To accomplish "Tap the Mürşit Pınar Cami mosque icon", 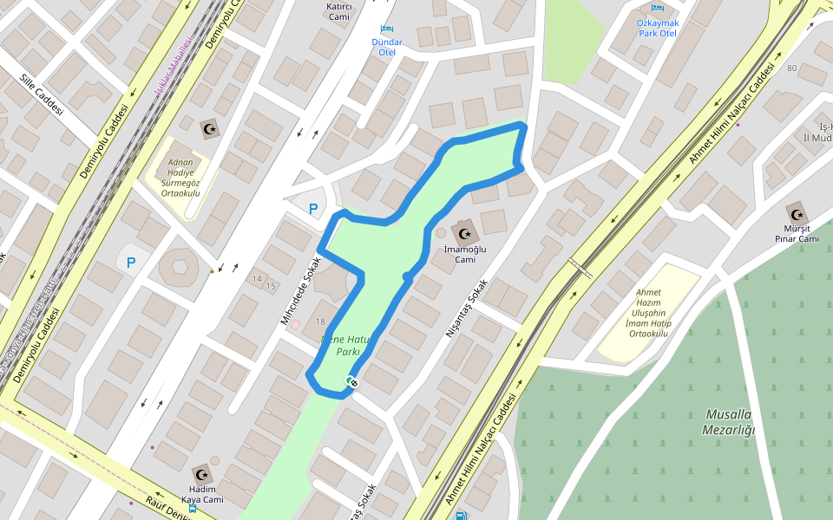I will point(796,213).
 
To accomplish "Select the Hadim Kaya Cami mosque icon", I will point(202,474).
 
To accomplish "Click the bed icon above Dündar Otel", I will point(386,29).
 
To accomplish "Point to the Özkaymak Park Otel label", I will point(656,27).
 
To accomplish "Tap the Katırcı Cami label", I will point(338,10).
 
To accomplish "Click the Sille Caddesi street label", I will point(42,94).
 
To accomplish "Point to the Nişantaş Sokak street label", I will point(466,308).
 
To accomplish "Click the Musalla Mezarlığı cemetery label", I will point(728,422).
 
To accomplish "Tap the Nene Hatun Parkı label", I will point(345,345).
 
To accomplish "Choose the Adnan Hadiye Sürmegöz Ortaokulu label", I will point(180,178).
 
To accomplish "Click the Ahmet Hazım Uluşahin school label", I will point(648,313).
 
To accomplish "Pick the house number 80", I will point(791,68).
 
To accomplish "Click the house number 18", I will point(320,322).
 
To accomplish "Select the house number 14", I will point(257,278).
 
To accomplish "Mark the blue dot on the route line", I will point(407,276).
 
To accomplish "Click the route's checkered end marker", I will point(352,382).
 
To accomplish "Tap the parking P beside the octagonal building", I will point(131,262).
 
